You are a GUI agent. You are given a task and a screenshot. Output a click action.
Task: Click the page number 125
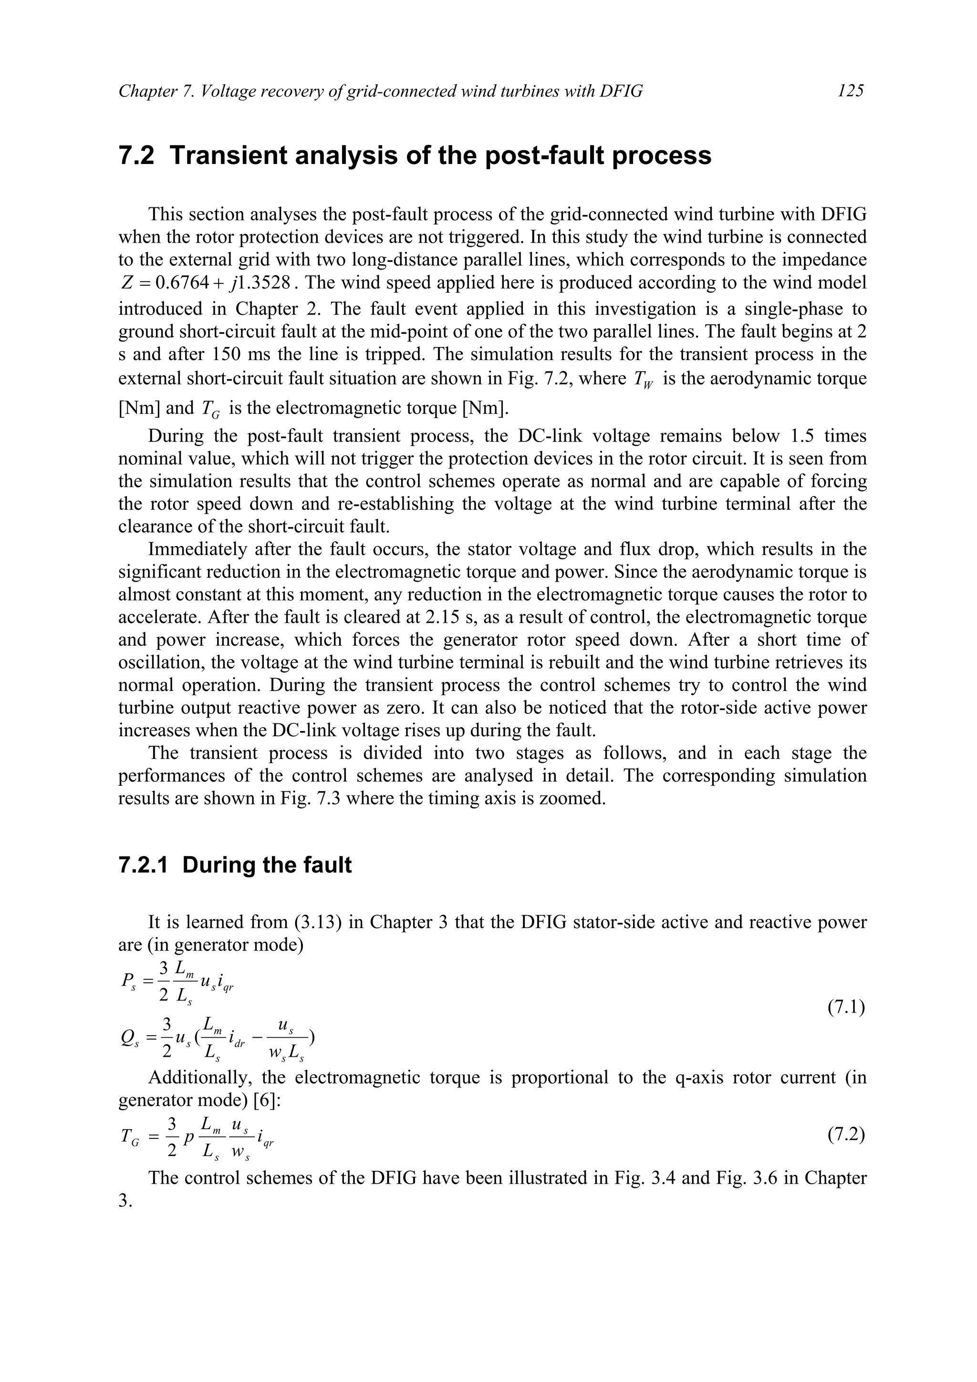[850, 91]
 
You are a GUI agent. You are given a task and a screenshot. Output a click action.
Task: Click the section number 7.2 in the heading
[136, 156]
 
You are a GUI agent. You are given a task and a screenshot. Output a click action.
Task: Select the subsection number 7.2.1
[145, 865]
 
